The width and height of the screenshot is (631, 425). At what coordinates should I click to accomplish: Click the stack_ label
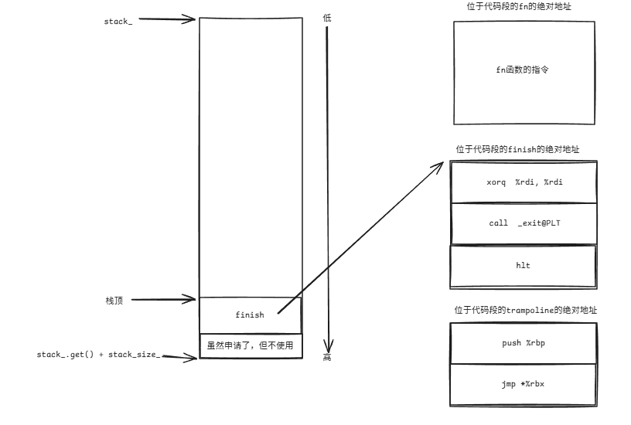(118, 21)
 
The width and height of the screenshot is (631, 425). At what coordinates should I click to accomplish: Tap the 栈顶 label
(114, 300)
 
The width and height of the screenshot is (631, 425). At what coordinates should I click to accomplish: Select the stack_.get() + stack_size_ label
(98, 354)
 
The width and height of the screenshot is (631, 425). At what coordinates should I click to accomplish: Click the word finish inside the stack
(249, 314)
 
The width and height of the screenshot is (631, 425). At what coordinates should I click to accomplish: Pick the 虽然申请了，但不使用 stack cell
(250, 345)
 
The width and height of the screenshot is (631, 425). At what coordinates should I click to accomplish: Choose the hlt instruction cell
(523, 265)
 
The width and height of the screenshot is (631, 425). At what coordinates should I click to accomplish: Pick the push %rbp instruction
(523, 342)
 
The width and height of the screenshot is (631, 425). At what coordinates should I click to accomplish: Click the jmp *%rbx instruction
(523, 384)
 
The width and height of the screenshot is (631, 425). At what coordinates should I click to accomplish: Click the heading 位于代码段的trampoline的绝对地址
(525, 311)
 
